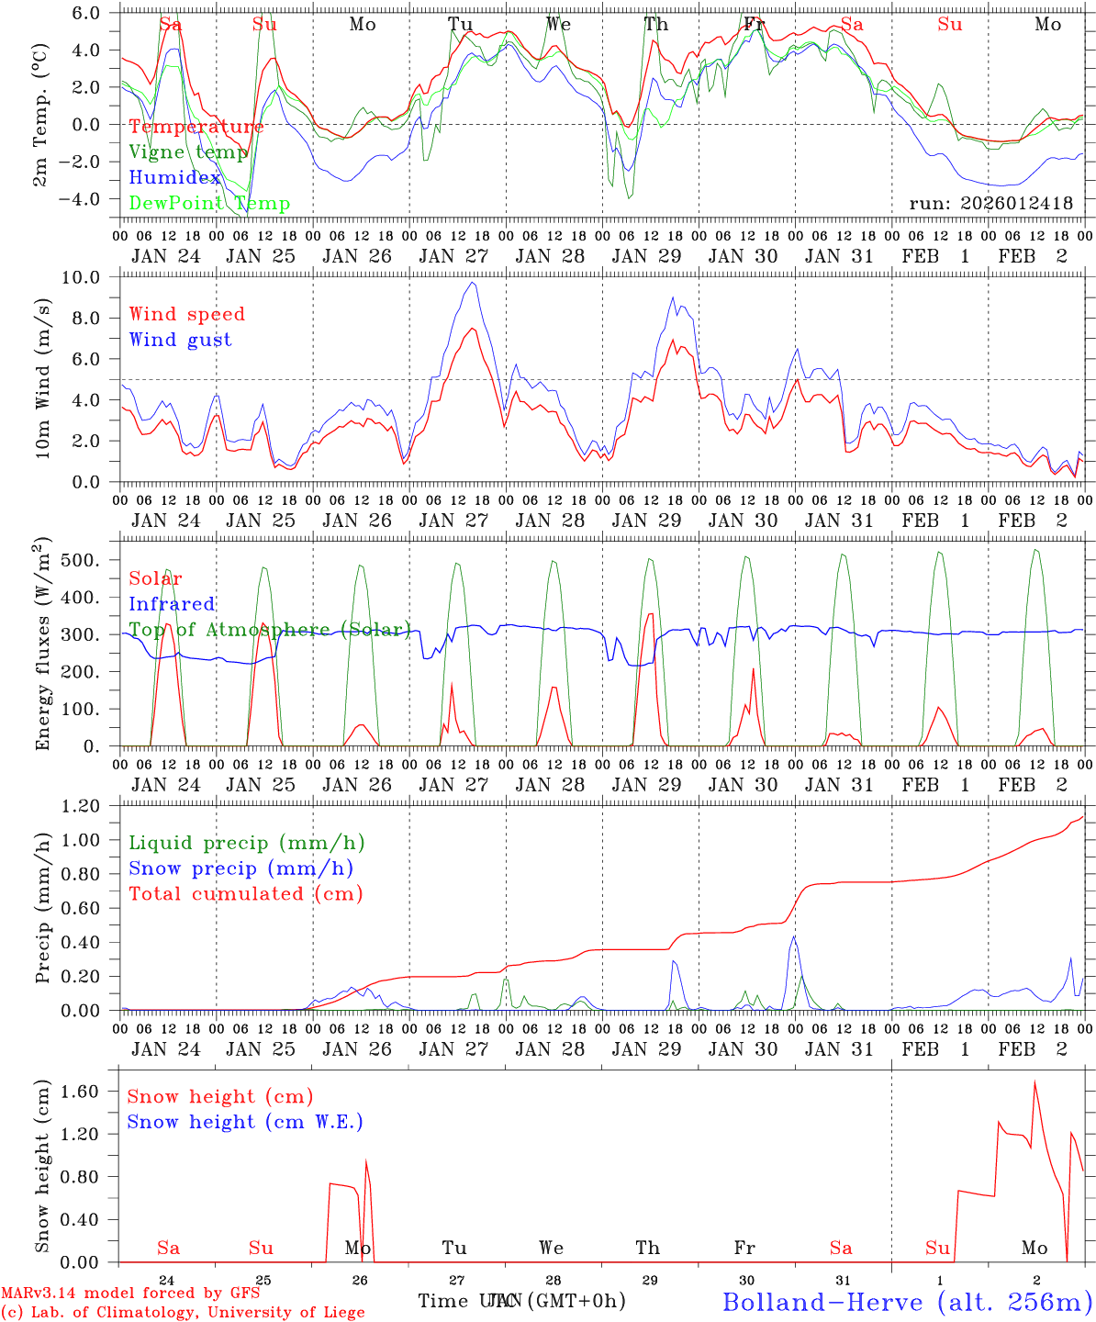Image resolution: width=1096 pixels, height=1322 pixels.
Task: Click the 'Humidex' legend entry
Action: (x=174, y=178)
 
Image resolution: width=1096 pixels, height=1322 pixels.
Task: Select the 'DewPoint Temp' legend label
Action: (x=209, y=204)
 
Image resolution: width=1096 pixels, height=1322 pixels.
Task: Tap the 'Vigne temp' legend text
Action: (x=188, y=152)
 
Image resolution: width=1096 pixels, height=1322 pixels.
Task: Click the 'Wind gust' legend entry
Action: (x=180, y=340)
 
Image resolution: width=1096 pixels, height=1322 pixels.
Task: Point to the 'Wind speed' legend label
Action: (x=187, y=314)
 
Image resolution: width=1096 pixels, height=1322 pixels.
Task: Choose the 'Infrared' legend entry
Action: (x=172, y=604)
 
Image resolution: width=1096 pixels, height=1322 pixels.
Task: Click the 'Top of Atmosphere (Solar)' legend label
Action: (x=269, y=630)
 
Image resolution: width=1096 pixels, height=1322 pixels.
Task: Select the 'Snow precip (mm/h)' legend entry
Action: (x=241, y=868)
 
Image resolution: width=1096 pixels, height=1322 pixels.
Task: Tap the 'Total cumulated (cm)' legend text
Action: (x=246, y=893)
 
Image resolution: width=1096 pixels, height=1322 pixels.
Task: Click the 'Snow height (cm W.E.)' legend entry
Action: (x=245, y=1122)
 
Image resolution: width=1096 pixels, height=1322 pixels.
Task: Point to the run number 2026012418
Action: (x=990, y=203)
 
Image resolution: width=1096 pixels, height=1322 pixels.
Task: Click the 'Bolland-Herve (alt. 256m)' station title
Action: (x=906, y=1301)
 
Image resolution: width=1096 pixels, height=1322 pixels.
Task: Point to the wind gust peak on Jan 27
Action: (x=472, y=283)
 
